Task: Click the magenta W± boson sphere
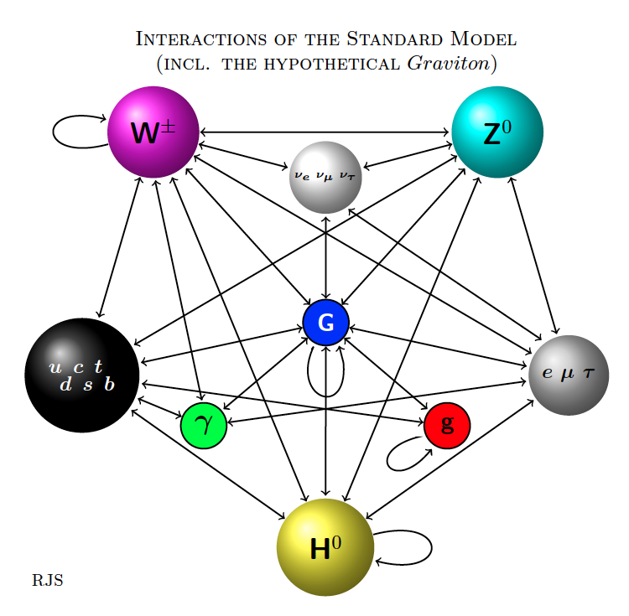[153, 132]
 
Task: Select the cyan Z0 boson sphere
[497, 132]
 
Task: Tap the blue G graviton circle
[325, 322]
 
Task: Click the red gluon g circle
[447, 425]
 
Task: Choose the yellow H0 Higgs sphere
[325, 547]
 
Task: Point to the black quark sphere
[82, 375]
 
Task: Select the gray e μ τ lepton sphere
[568, 375]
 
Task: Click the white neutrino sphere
[325, 177]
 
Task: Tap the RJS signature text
[48, 580]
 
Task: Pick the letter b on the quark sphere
[109, 384]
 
